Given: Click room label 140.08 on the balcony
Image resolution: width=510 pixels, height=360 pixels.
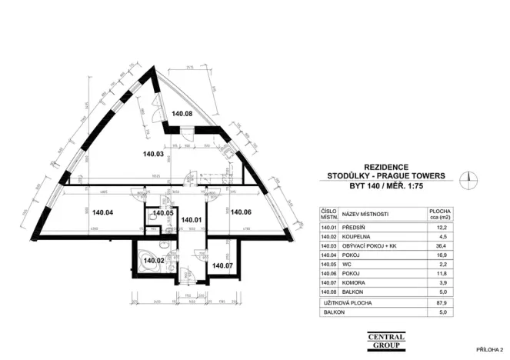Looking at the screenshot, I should (x=182, y=114).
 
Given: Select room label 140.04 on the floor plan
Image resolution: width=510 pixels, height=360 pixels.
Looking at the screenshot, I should (x=103, y=212).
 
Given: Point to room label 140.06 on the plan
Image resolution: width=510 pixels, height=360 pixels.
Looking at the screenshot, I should (x=242, y=212).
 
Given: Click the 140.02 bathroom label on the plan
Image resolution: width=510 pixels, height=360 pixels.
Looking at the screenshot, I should (x=154, y=261).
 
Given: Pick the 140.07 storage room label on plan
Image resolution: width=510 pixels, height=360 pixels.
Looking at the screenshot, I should (x=222, y=265).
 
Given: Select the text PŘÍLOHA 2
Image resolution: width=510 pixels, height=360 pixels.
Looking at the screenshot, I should (x=489, y=348).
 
